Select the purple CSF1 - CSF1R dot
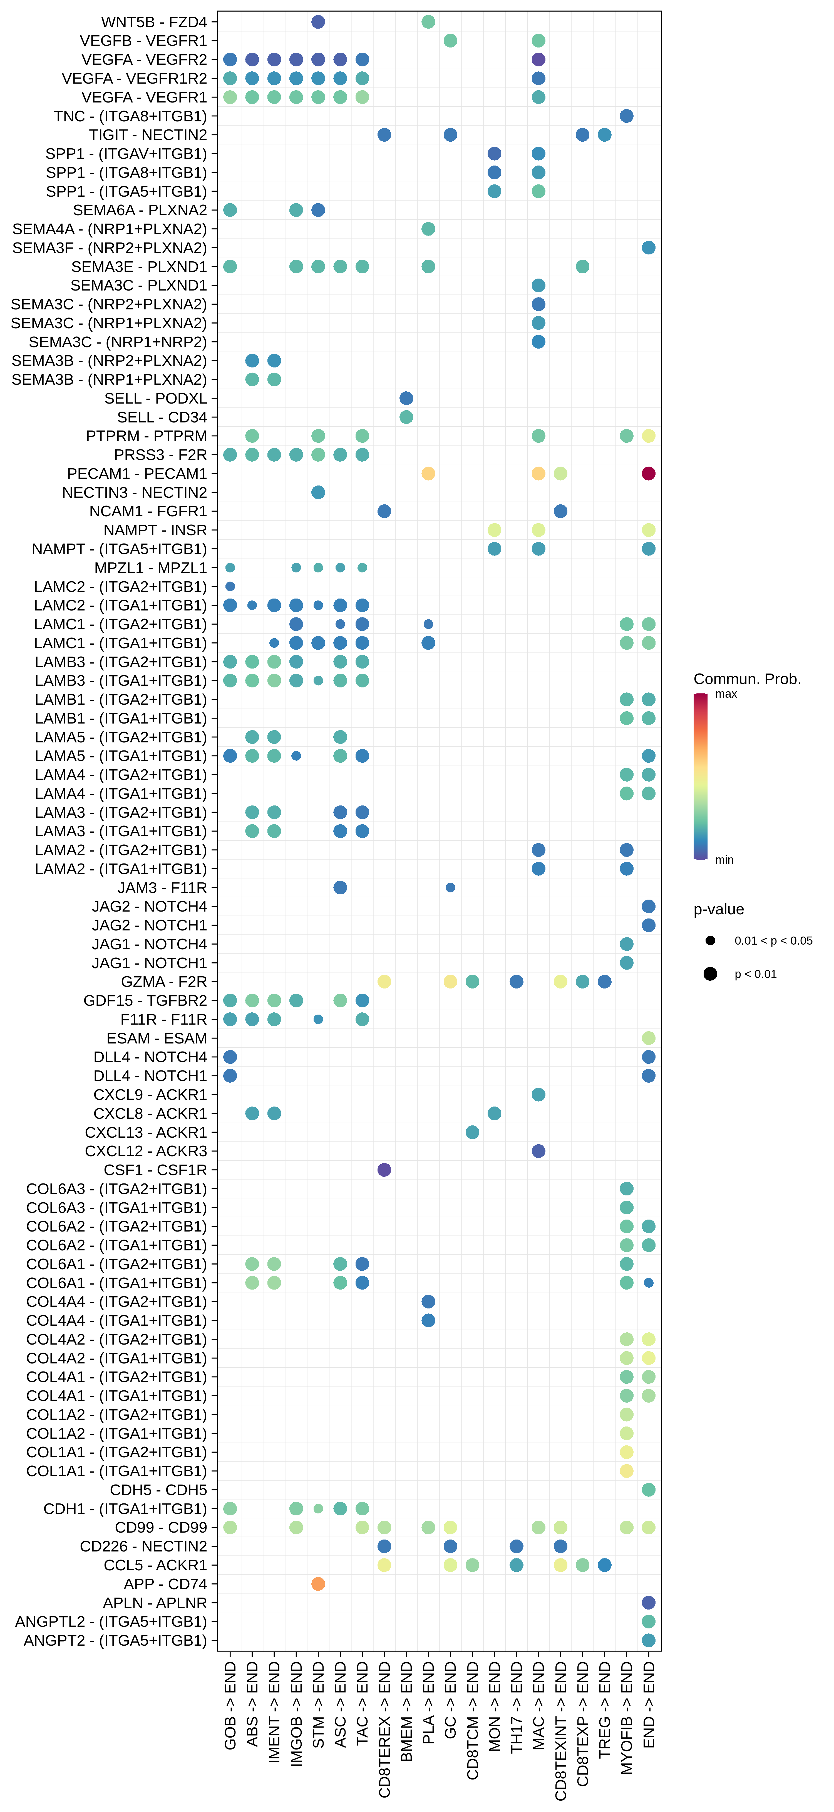(x=384, y=1170)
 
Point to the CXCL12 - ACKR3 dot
(x=538, y=1151)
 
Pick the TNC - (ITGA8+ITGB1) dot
(x=626, y=116)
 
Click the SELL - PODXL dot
(x=406, y=398)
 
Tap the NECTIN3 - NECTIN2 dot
(x=318, y=492)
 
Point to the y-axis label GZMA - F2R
(x=164, y=982)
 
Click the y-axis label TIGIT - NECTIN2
(x=148, y=135)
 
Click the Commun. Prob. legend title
(x=747, y=679)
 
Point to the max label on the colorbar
(x=726, y=694)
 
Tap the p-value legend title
(x=719, y=910)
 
